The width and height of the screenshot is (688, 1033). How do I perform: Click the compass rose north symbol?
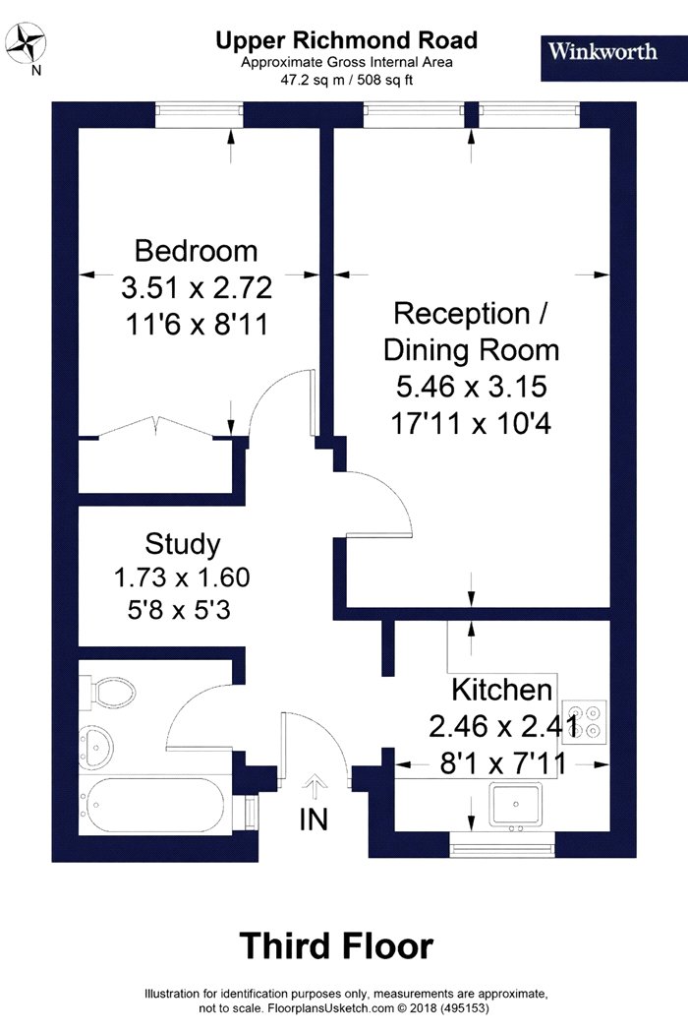coord(27,43)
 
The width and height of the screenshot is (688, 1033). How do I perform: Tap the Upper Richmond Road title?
coord(346,40)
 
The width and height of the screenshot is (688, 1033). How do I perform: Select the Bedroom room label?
coord(197,251)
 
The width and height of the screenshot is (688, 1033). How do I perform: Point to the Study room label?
coord(183,544)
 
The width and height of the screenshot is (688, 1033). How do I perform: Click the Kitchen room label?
coord(501,690)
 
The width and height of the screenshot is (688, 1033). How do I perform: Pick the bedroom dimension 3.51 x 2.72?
coord(197,288)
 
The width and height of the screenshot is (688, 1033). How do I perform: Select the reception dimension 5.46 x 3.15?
coord(472,387)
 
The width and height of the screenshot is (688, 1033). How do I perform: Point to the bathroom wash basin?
coord(96,747)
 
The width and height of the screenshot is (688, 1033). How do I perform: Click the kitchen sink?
coord(515,805)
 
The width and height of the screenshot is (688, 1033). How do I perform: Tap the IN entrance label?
coord(315,820)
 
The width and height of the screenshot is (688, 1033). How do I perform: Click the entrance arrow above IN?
coord(315,788)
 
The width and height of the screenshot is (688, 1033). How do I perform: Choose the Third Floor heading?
coord(336,946)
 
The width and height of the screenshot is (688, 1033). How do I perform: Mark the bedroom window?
coord(200,115)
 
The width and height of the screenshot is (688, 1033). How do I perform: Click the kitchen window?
coord(502,844)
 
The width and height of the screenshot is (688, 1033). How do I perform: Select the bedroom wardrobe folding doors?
coord(156,426)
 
